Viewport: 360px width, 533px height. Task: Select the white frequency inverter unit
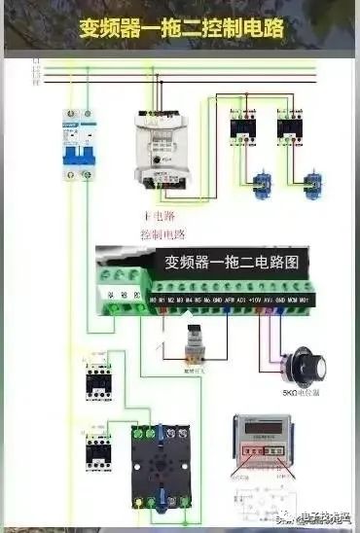point(165,142)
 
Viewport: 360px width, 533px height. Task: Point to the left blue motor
point(261,184)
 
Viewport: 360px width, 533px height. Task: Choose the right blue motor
point(311,184)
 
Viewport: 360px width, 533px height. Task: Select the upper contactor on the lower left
point(99,374)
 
